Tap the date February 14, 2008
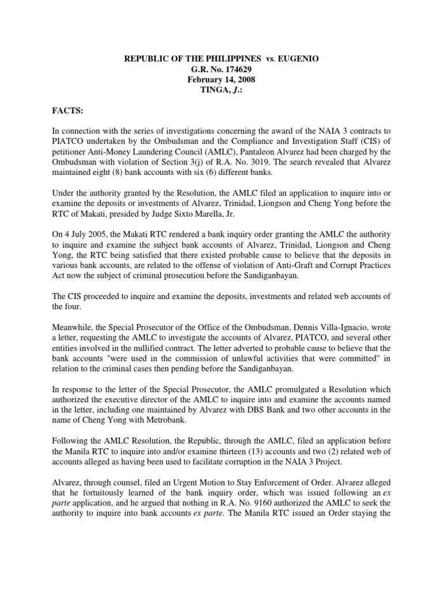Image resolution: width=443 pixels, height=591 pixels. [x=221, y=80]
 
